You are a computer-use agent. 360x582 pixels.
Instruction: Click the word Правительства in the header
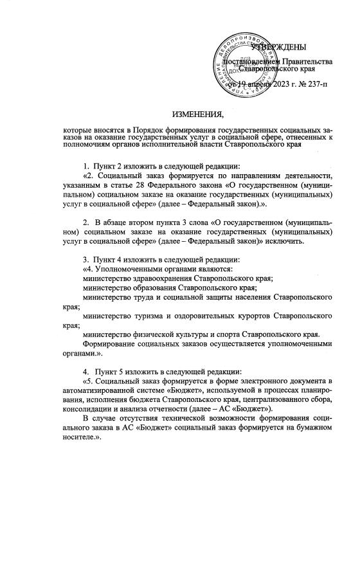coord(305,62)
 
